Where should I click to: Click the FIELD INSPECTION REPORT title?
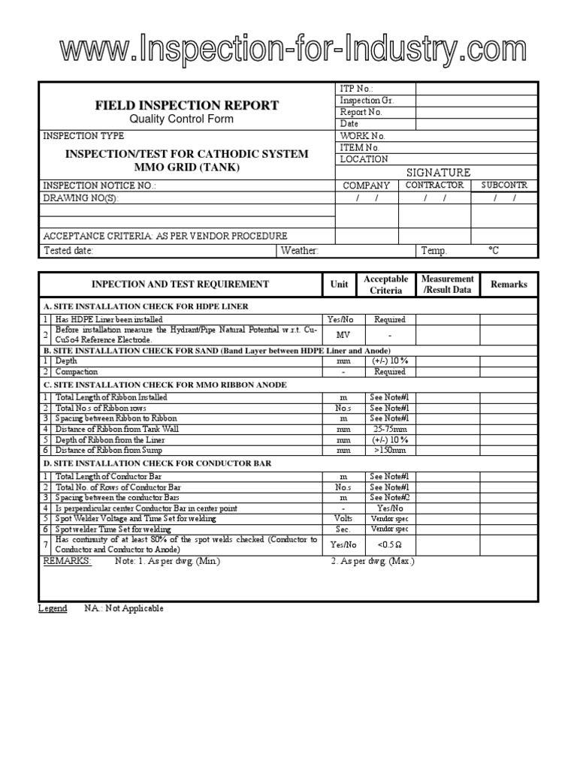coord(186,105)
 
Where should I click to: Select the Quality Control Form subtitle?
coord(181,119)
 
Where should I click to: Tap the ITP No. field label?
coord(356,89)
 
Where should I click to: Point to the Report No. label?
coord(361,112)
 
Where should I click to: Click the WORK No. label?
coord(362,136)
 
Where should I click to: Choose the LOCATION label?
coord(364,159)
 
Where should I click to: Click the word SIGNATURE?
coord(438,172)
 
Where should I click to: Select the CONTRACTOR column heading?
coord(435,185)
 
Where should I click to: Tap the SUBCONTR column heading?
coord(504,185)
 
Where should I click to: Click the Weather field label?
coord(300,251)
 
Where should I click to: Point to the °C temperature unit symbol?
coord(494,251)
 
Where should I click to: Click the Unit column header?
coord(340,284)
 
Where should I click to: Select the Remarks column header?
coord(509,284)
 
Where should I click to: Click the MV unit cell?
coord(343,335)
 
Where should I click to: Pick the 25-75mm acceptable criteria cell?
coord(390,429)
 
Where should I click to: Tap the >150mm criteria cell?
coord(390,451)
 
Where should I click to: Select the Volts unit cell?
coord(343,518)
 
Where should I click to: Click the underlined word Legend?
coord(53,608)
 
